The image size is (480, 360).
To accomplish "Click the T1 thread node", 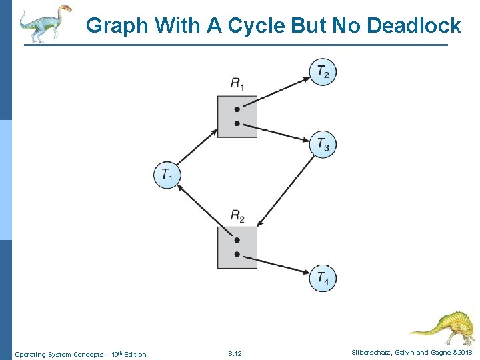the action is (x=167, y=175).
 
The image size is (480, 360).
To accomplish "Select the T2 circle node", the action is (x=323, y=71).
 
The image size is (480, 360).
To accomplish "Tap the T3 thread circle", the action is (x=323, y=144).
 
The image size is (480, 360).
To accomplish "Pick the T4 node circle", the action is (x=323, y=278).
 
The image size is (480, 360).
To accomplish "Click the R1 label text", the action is (x=237, y=83).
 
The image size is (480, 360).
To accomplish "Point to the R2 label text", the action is (x=237, y=215).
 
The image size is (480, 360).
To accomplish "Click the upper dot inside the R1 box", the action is (x=237, y=109).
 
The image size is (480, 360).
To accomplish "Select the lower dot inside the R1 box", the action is (x=237, y=123).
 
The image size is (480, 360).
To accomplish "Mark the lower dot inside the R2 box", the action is (x=237, y=254).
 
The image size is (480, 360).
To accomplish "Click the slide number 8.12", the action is (x=235, y=353).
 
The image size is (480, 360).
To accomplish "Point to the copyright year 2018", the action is (x=463, y=353).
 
